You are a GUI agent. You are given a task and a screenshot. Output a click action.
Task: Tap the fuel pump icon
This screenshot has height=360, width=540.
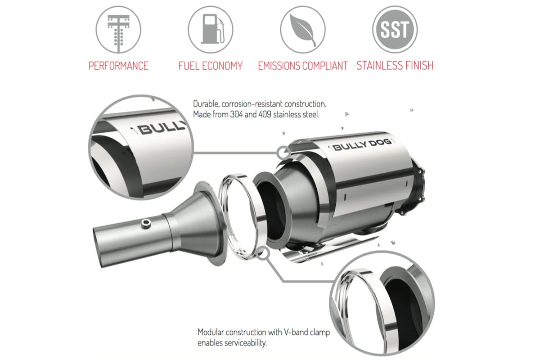[x=211, y=29]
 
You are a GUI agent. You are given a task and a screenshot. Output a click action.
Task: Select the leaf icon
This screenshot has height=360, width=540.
[x=303, y=29]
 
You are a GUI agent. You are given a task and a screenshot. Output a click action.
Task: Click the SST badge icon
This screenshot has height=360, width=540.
[x=395, y=29]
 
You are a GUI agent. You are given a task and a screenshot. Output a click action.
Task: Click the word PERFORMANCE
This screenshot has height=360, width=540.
[x=118, y=66]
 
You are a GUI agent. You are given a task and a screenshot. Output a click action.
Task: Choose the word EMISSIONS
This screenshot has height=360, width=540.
[x=279, y=66]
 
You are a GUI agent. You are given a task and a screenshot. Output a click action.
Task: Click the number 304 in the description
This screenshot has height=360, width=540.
[x=236, y=114]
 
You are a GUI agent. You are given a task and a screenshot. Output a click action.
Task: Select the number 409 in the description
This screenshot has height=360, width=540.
[x=265, y=114]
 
